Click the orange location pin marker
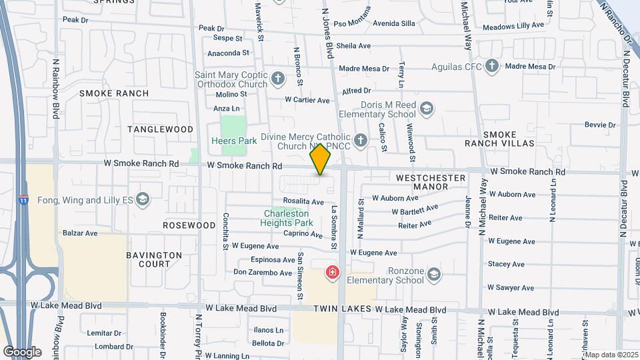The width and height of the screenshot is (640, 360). (321, 160)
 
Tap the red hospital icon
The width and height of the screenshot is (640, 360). (332, 273)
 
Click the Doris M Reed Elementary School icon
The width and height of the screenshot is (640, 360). (427, 109)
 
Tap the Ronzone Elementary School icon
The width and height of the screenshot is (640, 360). (434, 275)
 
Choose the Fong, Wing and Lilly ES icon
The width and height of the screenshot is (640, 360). (142, 199)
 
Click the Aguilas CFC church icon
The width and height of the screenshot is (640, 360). (492, 66)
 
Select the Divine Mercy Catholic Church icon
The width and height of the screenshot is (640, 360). (361, 140)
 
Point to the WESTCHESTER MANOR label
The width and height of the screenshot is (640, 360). (431, 183)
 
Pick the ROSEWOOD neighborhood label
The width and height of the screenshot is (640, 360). (189, 225)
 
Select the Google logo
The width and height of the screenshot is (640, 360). (22, 351)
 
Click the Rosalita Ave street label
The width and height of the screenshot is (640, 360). (303, 201)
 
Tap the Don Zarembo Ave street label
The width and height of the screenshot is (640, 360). (263, 273)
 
